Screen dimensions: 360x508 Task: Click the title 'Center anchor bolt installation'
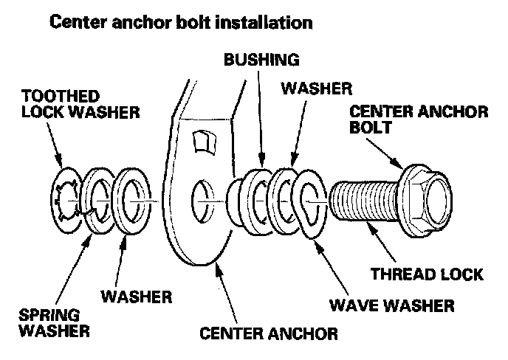[x=180, y=21]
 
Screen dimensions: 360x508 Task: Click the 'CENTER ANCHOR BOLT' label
[x=418, y=119]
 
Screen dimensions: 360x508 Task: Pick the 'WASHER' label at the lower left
[x=136, y=299]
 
